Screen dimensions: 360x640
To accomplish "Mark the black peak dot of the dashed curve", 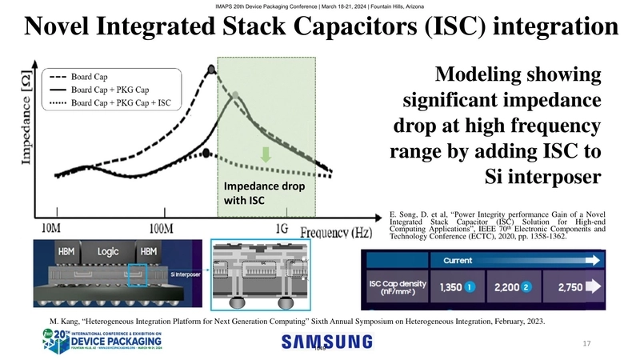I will pos(211,70).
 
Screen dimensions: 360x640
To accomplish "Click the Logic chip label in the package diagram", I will pos(108,250).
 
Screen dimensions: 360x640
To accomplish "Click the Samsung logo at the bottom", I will pos(326,342).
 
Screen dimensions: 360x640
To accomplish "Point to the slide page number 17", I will pos(586,343).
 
